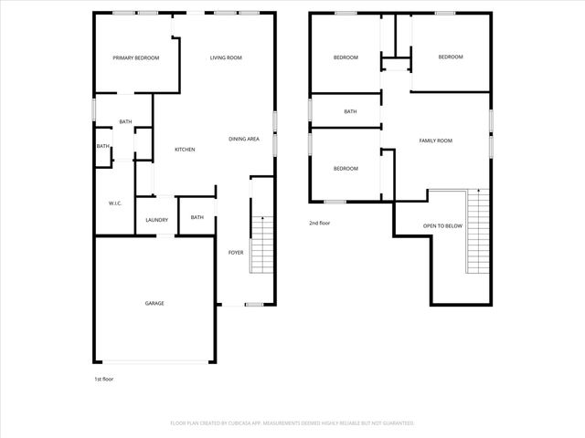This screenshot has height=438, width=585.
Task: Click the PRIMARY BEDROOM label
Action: point(136,58)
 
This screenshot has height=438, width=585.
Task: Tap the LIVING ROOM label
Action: point(226,58)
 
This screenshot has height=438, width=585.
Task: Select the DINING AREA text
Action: point(245,139)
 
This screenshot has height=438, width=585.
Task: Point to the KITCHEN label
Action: point(186,150)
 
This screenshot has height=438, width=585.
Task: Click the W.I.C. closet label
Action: point(115,203)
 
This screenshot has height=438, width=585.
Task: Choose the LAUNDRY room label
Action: point(156,220)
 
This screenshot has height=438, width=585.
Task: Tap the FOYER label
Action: point(236,252)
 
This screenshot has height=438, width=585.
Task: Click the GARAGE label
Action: point(154,303)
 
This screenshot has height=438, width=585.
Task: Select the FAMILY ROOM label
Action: point(436,141)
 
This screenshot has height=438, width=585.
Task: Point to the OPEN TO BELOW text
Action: point(442,225)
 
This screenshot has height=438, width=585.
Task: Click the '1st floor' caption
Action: point(104,378)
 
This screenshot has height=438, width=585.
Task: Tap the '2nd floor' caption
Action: point(319,222)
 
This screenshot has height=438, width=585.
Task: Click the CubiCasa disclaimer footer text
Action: point(292,423)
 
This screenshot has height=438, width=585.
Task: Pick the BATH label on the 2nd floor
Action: point(350,112)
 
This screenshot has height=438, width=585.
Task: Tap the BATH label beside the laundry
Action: point(197,217)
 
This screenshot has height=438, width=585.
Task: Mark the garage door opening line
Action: point(154,361)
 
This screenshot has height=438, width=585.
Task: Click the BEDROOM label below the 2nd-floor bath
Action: point(345,169)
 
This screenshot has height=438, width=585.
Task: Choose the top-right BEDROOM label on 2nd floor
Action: point(451,57)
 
